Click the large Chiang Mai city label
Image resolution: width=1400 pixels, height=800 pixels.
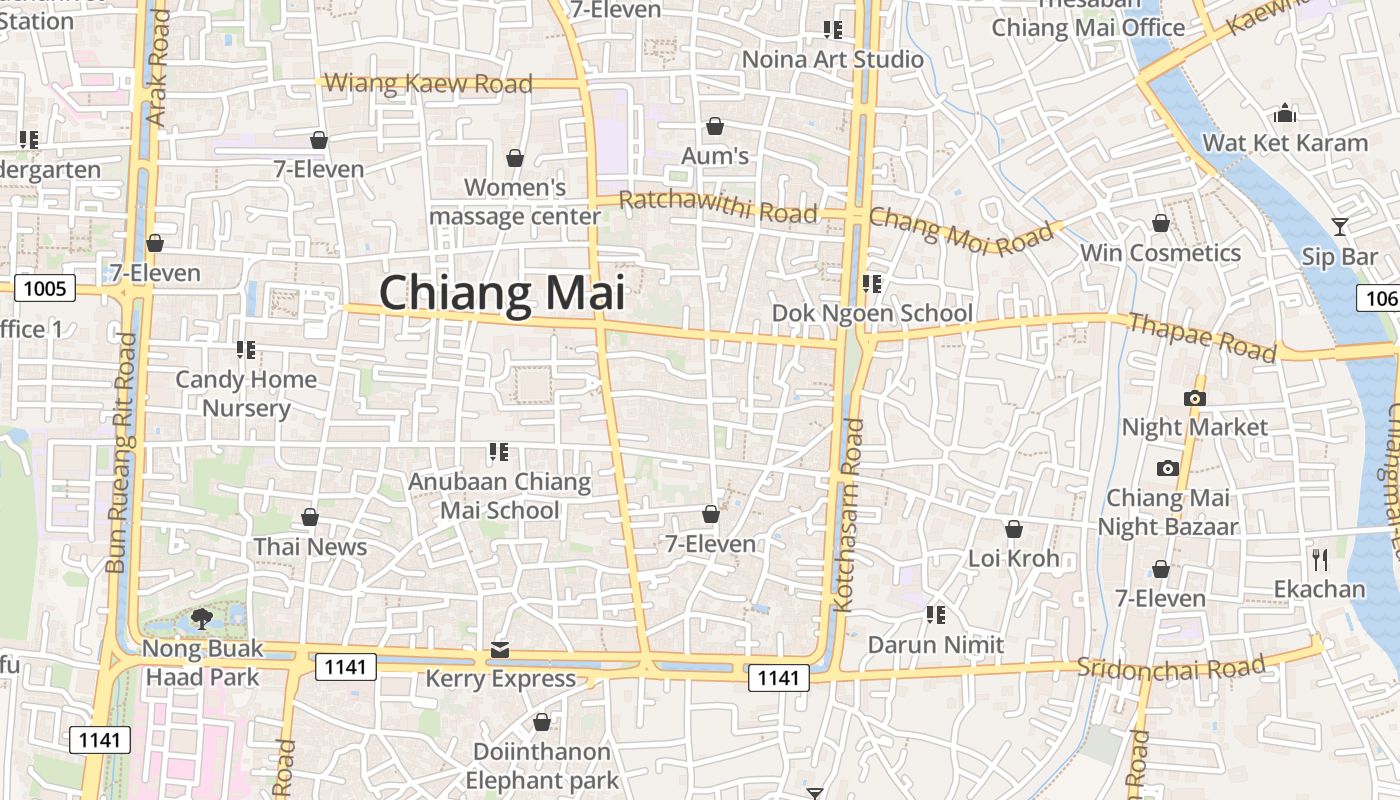pos(502,293)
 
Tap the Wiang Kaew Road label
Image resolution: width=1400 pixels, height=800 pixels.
pos(429,83)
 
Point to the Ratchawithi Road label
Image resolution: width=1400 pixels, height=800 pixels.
pos(718,206)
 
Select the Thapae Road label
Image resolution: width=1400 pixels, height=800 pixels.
pos(1202,337)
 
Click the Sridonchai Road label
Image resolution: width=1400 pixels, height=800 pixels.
pos(1171,667)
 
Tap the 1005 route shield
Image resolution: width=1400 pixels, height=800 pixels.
pos(45,289)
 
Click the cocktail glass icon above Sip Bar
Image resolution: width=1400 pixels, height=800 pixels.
pos(1340,227)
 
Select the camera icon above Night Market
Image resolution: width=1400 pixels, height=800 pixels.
pos(1194,398)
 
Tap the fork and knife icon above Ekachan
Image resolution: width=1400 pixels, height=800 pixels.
pos(1320,559)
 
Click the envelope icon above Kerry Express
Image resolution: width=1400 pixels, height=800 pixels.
pos(500,651)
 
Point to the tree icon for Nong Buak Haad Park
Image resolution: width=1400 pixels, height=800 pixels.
pos(202,618)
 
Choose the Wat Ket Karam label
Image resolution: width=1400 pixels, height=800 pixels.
pos(1285,143)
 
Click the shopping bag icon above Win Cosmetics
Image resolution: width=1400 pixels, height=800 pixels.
pos(1161,223)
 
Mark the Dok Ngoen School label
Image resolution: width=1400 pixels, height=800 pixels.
pos(872,313)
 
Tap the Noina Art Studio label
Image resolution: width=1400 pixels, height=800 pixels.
pos(833,60)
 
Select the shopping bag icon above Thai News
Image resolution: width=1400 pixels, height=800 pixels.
pos(310,517)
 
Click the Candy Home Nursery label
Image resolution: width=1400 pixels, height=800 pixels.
pos(246,393)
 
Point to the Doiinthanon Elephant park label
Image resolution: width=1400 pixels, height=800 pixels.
pos(542,765)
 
